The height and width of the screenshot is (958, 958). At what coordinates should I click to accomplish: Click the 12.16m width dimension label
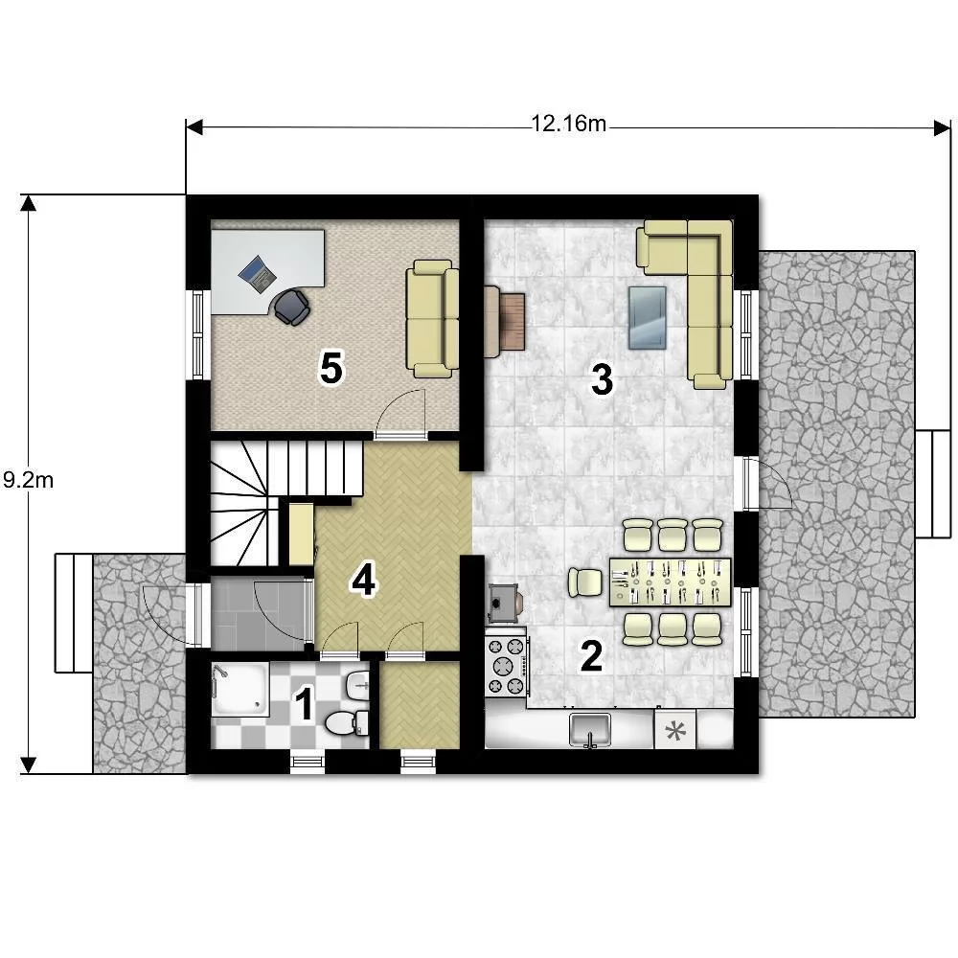tap(568, 124)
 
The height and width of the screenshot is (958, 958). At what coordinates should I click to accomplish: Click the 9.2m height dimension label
tap(28, 480)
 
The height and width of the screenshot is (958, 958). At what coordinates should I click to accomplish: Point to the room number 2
tap(591, 655)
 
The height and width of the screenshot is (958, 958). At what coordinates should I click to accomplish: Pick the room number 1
tap(304, 704)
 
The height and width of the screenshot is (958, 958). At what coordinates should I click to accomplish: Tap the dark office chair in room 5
tap(291, 307)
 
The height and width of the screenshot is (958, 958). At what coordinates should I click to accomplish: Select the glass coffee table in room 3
tap(648, 318)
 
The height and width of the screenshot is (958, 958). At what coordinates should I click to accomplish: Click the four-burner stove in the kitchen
tap(506, 666)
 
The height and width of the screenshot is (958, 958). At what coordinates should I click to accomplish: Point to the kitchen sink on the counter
tap(589, 729)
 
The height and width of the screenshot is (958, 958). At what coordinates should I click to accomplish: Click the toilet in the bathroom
tap(347, 722)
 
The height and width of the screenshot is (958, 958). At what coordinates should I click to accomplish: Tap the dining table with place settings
tap(670, 582)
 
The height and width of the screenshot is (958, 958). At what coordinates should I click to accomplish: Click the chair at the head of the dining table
tap(585, 582)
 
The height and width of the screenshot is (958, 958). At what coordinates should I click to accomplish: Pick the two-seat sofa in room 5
tap(433, 318)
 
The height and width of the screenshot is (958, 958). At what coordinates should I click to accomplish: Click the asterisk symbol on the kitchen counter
tap(674, 729)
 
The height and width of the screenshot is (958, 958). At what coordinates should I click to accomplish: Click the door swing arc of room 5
tap(399, 408)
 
